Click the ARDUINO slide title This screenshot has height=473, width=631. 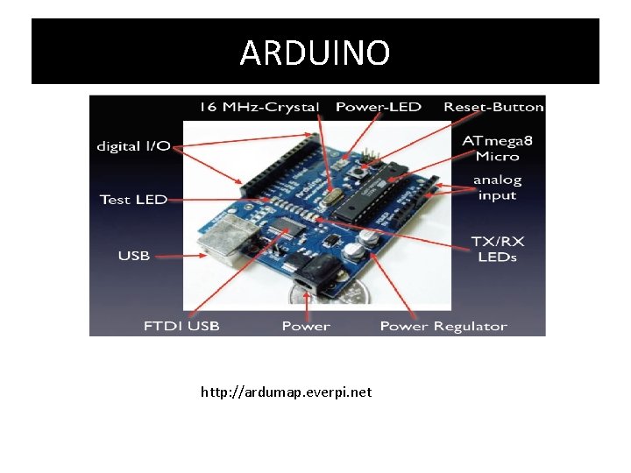(315, 53)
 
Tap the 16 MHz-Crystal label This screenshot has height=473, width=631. (259, 107)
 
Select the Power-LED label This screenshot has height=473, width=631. (379, 107)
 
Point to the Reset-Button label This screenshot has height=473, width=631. (493, 107)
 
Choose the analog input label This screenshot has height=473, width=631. (497, 187)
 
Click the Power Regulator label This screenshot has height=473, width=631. (443, 326)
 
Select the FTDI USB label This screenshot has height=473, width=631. (181, 326)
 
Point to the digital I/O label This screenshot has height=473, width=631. (133, 145)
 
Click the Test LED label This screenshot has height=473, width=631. (133, 199)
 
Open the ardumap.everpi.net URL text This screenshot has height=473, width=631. (286, 392)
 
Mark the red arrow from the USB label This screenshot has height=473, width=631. (180, 256)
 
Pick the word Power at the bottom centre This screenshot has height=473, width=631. (306, 326)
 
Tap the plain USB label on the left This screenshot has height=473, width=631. (134, 256)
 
